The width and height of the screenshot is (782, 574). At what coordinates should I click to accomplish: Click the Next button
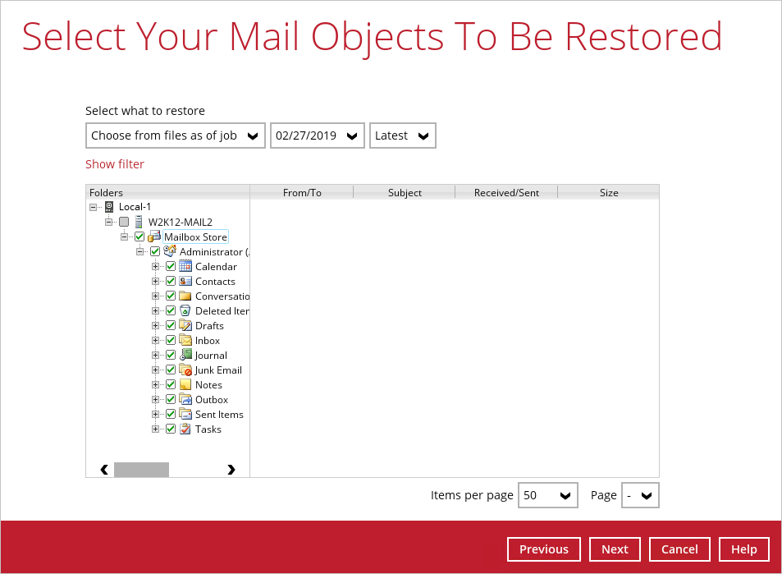[x=615, y=549]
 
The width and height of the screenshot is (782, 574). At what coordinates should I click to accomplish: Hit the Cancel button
[x=679, y=549]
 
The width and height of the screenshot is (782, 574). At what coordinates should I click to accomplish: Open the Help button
[x=743, y=549]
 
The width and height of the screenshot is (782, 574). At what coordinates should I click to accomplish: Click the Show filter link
[x=115, y=164]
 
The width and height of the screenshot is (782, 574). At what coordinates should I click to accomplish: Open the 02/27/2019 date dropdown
[x=318, y=135]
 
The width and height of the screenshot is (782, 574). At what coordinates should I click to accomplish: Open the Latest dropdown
[x=402, y=135]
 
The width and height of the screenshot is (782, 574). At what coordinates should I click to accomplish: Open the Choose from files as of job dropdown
[x=175, y=135]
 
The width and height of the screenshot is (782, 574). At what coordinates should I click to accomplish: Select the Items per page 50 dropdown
[x=547, y=495]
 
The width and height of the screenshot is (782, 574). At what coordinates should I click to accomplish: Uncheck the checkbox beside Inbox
[x=171, y=341]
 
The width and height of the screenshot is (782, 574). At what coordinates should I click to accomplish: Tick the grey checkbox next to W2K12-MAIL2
[x=124, y=222]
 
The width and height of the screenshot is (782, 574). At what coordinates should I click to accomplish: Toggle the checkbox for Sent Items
[x=171, y=414]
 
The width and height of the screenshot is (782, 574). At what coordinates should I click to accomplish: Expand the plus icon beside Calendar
[x=156, y=267]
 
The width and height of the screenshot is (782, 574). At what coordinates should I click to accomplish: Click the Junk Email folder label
[x=218, y=370]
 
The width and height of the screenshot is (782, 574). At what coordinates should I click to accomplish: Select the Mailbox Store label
[x=195, y=237]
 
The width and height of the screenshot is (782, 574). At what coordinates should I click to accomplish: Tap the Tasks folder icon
[x=185, y=429]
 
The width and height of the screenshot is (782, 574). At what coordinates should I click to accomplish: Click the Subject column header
[x=405, y=193]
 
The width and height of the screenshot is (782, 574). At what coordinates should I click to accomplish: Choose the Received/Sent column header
[x=506, y=193]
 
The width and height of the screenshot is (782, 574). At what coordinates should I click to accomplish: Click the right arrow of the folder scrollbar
[x=231, y=470]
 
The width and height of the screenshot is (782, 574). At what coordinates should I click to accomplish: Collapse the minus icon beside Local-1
[x=94, y=207]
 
